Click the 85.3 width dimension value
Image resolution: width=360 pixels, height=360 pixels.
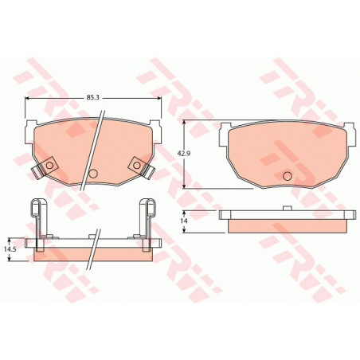coord(92,97)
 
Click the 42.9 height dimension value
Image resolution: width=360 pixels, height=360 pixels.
coord(182,153)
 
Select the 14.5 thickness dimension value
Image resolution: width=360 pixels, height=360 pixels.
coord(10,249)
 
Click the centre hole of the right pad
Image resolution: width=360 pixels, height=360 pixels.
coord(288,176)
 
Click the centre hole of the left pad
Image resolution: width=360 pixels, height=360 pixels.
coord(93,174)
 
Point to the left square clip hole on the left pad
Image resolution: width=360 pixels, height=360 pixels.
coord(49,166)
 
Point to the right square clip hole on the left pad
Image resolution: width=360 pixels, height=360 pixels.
coord(136,166)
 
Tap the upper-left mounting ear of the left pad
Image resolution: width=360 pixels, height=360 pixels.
coord(30,132)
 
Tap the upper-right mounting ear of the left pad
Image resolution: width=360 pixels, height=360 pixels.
coord(155,132)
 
